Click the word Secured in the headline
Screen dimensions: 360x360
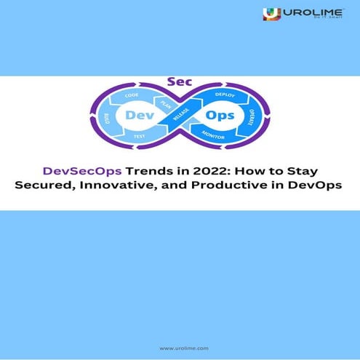click(x=47, y=187)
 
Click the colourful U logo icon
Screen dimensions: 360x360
click(x=272, y=13)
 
